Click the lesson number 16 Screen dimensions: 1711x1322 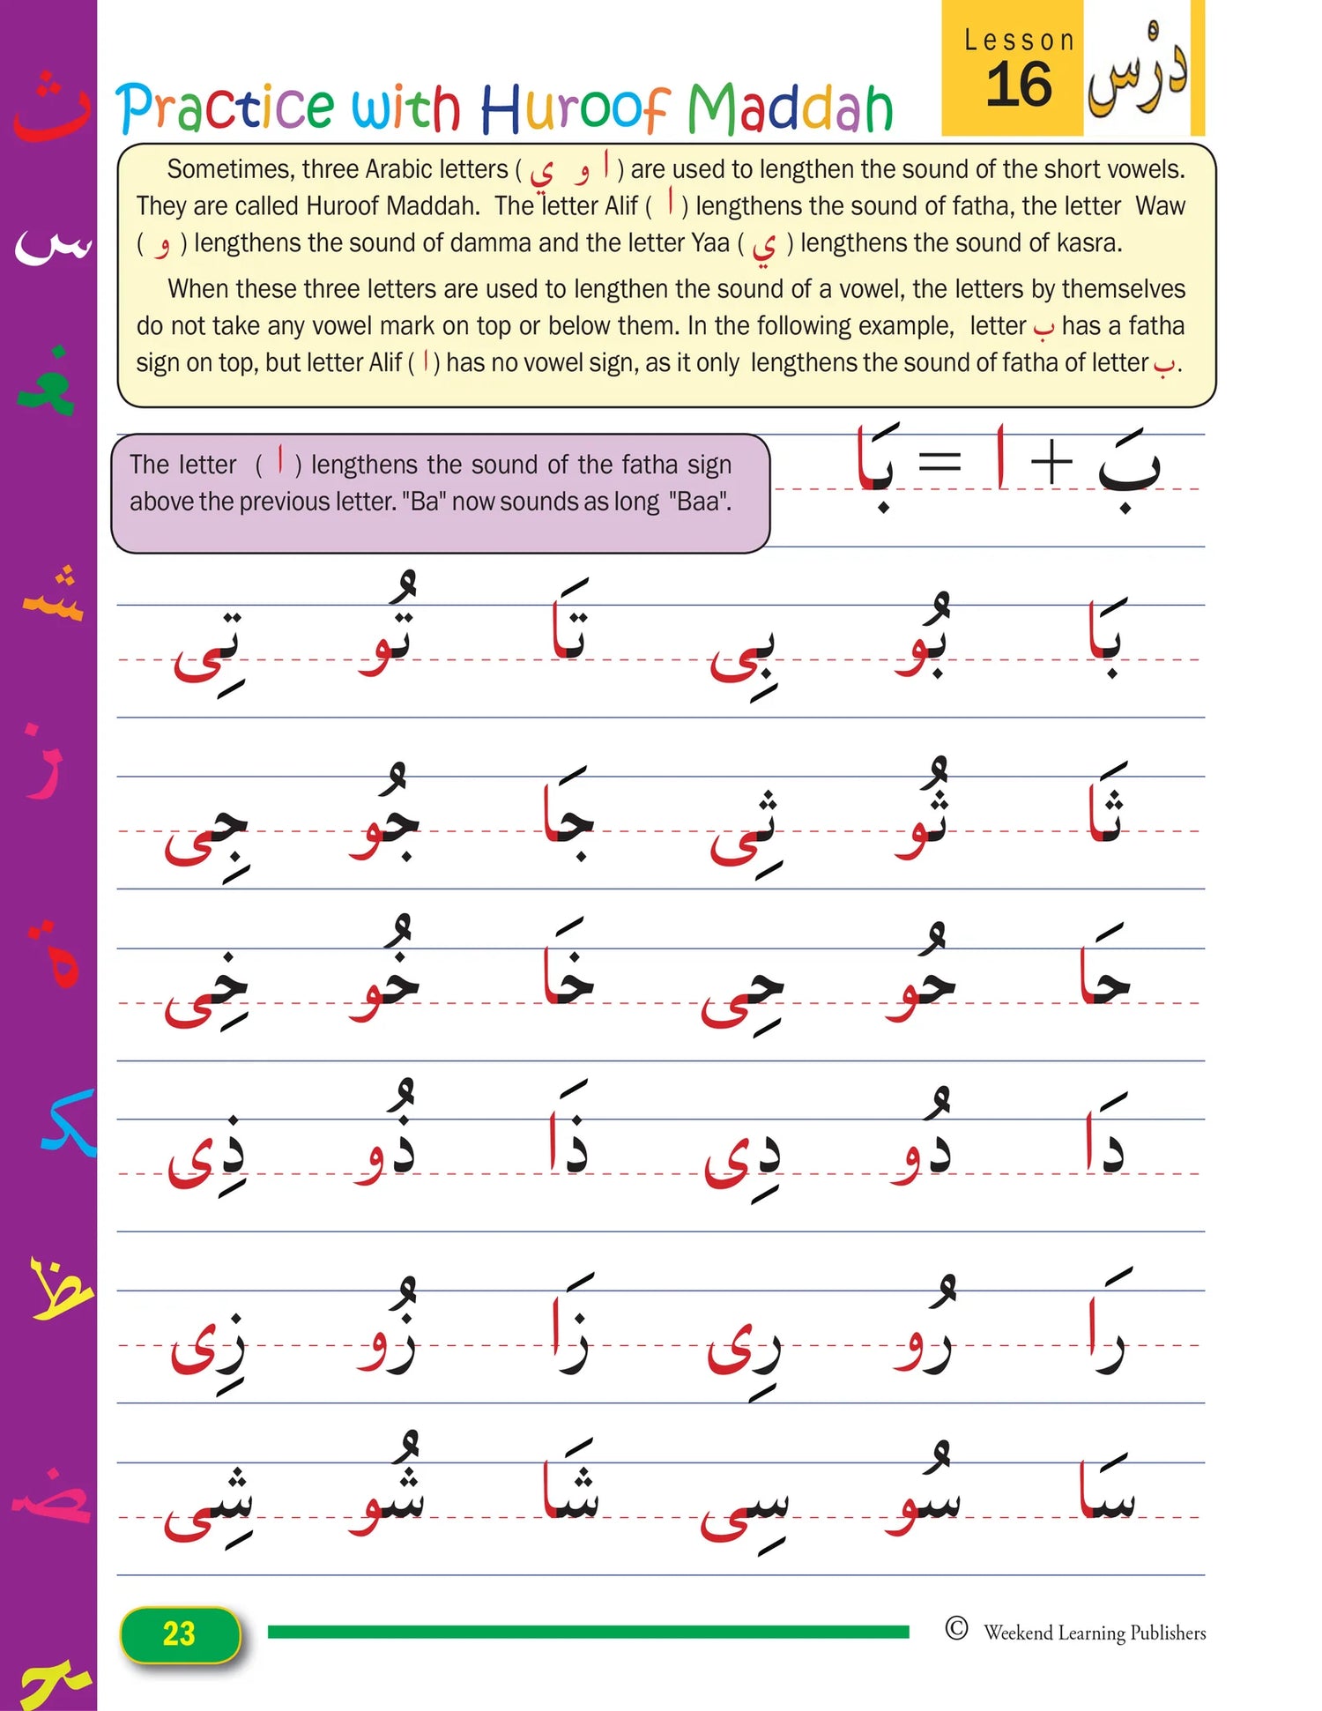1019,86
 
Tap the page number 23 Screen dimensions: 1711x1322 179,1633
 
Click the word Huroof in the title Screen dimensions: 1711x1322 574,108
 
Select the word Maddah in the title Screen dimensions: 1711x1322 790,108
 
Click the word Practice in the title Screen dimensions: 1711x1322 226,108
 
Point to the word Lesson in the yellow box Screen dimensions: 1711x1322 1019,41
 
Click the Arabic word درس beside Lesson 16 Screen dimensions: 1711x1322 1137,71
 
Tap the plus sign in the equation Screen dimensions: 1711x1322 1051,462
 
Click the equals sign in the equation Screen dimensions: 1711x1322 940,462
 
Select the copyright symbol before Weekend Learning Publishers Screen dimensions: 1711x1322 956,1628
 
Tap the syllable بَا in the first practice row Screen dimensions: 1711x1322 1105,639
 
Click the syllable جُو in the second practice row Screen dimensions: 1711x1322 385,815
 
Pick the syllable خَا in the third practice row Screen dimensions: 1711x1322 569,970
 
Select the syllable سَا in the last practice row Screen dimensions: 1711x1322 1107,1490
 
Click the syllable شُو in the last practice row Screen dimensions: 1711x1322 388,1490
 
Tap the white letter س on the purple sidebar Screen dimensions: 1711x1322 53,247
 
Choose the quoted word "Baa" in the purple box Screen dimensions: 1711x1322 699,502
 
